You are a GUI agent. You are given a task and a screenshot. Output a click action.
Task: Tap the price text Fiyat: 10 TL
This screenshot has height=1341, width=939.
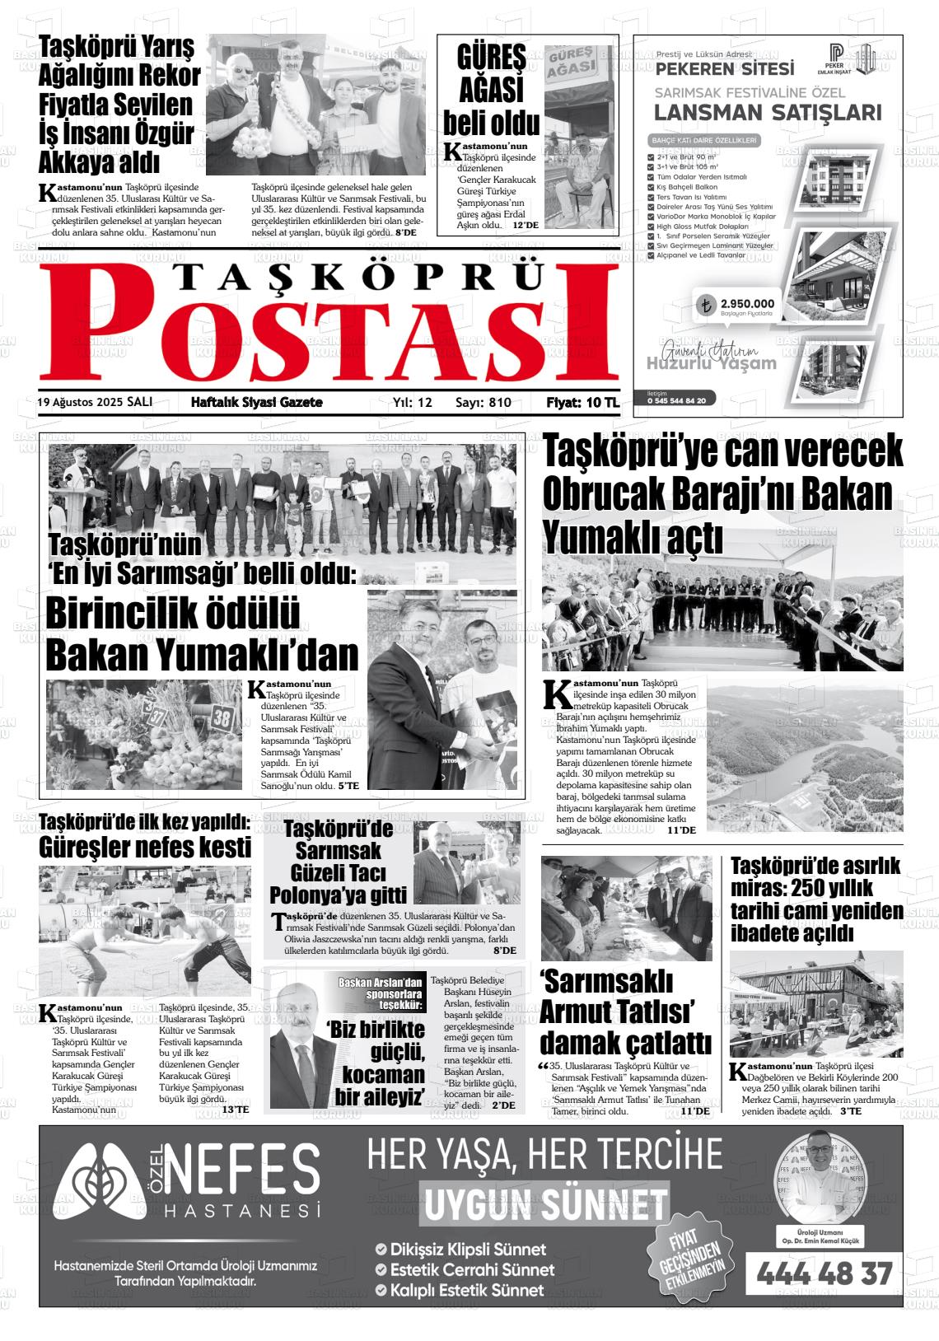tap(582, 403)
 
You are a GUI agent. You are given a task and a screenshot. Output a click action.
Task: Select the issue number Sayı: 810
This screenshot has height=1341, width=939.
tap(484, 403)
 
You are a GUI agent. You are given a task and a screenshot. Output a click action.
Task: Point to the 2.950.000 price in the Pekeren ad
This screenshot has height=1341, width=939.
tap(747, 303)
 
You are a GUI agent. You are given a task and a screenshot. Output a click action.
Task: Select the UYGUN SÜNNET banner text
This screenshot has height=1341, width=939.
tap(544, 1204)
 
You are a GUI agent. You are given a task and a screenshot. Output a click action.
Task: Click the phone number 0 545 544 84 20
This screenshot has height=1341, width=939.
tap(670, 400)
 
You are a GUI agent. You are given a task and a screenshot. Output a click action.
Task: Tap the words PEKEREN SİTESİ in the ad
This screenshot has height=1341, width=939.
tap(725, 68)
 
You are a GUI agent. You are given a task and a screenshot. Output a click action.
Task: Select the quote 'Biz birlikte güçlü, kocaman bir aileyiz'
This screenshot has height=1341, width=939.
tap(378, 1063)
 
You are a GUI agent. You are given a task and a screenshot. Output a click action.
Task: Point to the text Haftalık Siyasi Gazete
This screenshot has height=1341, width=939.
tap(256, 403)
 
